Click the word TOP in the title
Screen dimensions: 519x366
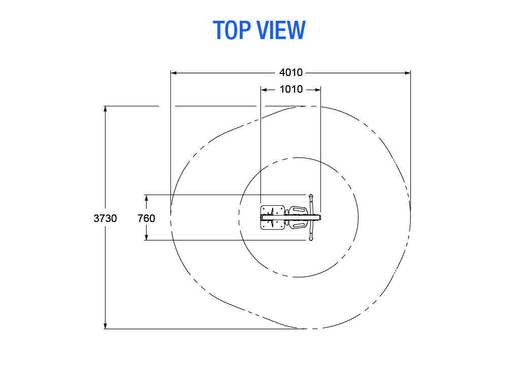click(x=232, y=30)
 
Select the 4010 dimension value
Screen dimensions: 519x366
click(x=291, y=72)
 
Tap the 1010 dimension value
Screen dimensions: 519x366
click(x=291, y=89)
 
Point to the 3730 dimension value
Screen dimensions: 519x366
click(x=105, y=218)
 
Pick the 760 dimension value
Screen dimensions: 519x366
click(x=146, y=218)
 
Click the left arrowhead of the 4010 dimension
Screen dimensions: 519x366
click(x=174, y=73)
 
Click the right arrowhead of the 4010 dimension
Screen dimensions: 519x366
click(x=407, y=73)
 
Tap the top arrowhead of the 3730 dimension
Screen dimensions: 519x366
click(x=105, y=109)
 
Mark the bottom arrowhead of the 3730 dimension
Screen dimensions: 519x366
click(x=105, y=325)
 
